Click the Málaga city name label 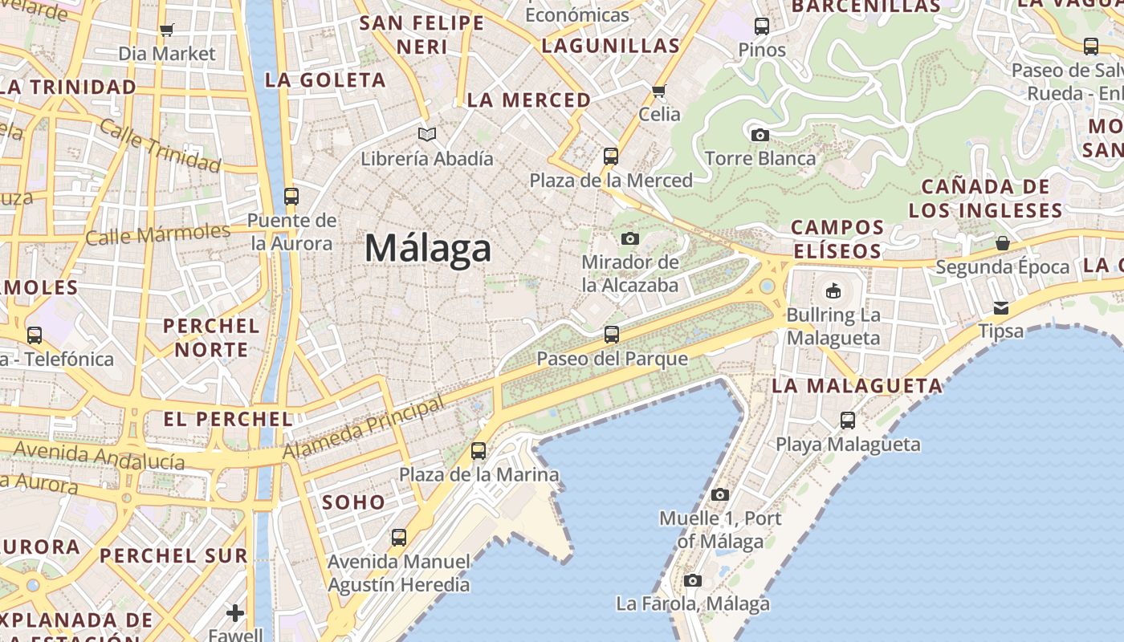[427, 248]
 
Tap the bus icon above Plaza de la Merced [611, 156]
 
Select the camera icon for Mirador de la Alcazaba [630, 238]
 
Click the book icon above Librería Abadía [427, 134]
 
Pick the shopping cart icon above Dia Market [166, 30]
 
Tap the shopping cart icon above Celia [659, 91]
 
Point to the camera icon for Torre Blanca [760, 135]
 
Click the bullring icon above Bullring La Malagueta [833, 291]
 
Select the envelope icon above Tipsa [1001, 307]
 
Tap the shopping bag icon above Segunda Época [1002, 242]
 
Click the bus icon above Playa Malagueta [847, 420]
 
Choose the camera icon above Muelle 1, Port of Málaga [719, 494]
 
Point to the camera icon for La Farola [692, 580]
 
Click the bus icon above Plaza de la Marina [479, 450]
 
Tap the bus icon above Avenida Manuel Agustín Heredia [398, 537]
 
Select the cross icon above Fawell [235, 613]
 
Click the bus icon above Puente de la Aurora [291, 196]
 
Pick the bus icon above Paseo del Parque [612, 334]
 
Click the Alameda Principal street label [364, 429]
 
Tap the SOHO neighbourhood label [353, 502]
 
